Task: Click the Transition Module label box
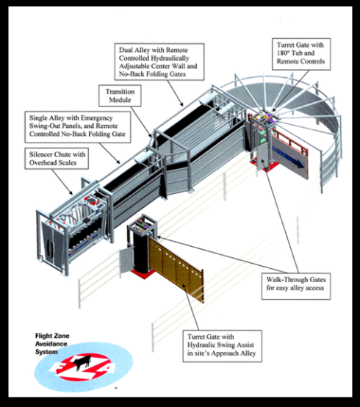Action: [120, 96]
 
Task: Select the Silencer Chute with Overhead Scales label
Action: [57, 159]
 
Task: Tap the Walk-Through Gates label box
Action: [296, 287]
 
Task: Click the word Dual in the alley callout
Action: [126, 50]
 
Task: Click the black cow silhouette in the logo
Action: [82, 361]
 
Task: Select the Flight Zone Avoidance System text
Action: [52, 344]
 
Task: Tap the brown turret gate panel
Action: [176, 270]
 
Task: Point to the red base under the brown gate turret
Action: [143, 273]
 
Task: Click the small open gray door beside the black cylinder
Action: [126, 260]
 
